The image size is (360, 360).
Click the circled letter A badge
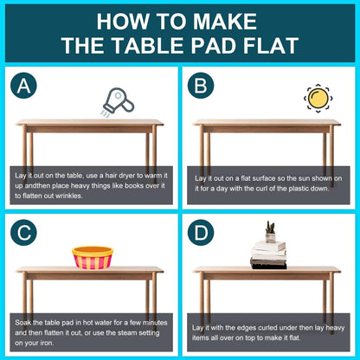(23, 86)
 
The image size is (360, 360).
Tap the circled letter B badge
(201, 86)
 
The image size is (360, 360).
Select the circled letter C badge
(23, 233)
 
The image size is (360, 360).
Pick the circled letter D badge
(201, 233)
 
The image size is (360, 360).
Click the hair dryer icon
(119, 102)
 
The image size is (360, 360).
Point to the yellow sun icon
(318, 99)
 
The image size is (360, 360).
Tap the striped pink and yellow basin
(93, 258)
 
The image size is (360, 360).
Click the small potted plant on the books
(270, 232)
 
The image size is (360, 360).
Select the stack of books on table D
(268, 254)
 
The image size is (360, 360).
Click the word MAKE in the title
(224, 22)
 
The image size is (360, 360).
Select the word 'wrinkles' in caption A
(68, 196)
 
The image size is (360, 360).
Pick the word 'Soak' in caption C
(22, 323)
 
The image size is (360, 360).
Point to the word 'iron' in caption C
(47, 343)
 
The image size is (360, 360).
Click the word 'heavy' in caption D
(335, 328)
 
